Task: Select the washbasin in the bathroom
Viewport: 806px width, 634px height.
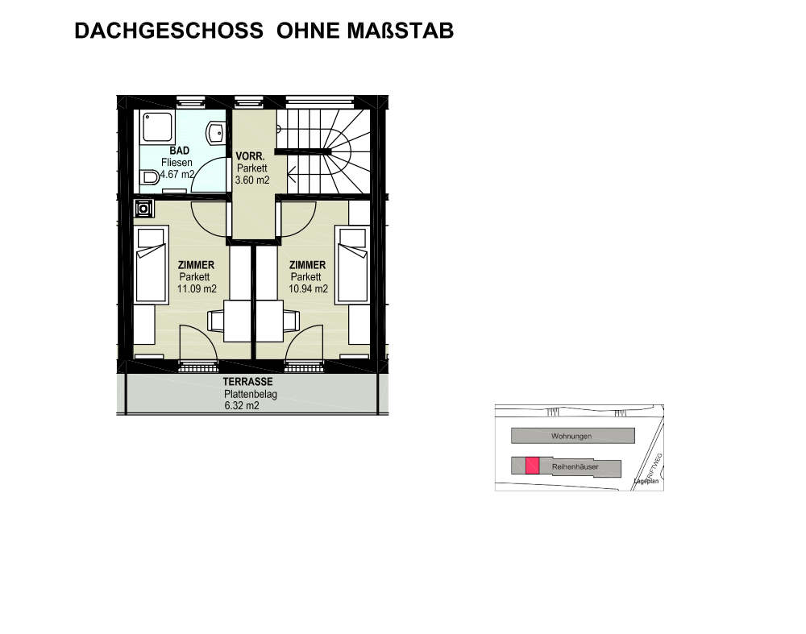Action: coord(216,133)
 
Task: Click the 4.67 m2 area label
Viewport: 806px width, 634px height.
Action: coord(177,174)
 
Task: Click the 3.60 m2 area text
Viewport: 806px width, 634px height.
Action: coord(251,180)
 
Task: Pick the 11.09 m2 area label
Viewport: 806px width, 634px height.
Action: coord(197,288)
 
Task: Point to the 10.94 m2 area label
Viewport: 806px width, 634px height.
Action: coord(308,288)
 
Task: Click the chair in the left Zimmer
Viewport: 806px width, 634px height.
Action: coord(215,321)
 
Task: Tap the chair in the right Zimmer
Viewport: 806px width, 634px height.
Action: coord(291,321)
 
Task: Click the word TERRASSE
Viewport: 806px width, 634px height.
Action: coord(248,382)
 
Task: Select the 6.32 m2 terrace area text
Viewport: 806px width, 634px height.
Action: coord(242,406)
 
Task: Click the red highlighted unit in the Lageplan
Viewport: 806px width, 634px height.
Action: coord(531,465)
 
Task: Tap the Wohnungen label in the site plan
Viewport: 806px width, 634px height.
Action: coord(571,436)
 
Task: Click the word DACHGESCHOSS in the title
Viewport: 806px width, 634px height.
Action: coord(168,31)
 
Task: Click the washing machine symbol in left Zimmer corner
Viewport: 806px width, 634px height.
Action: coord(143,209)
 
